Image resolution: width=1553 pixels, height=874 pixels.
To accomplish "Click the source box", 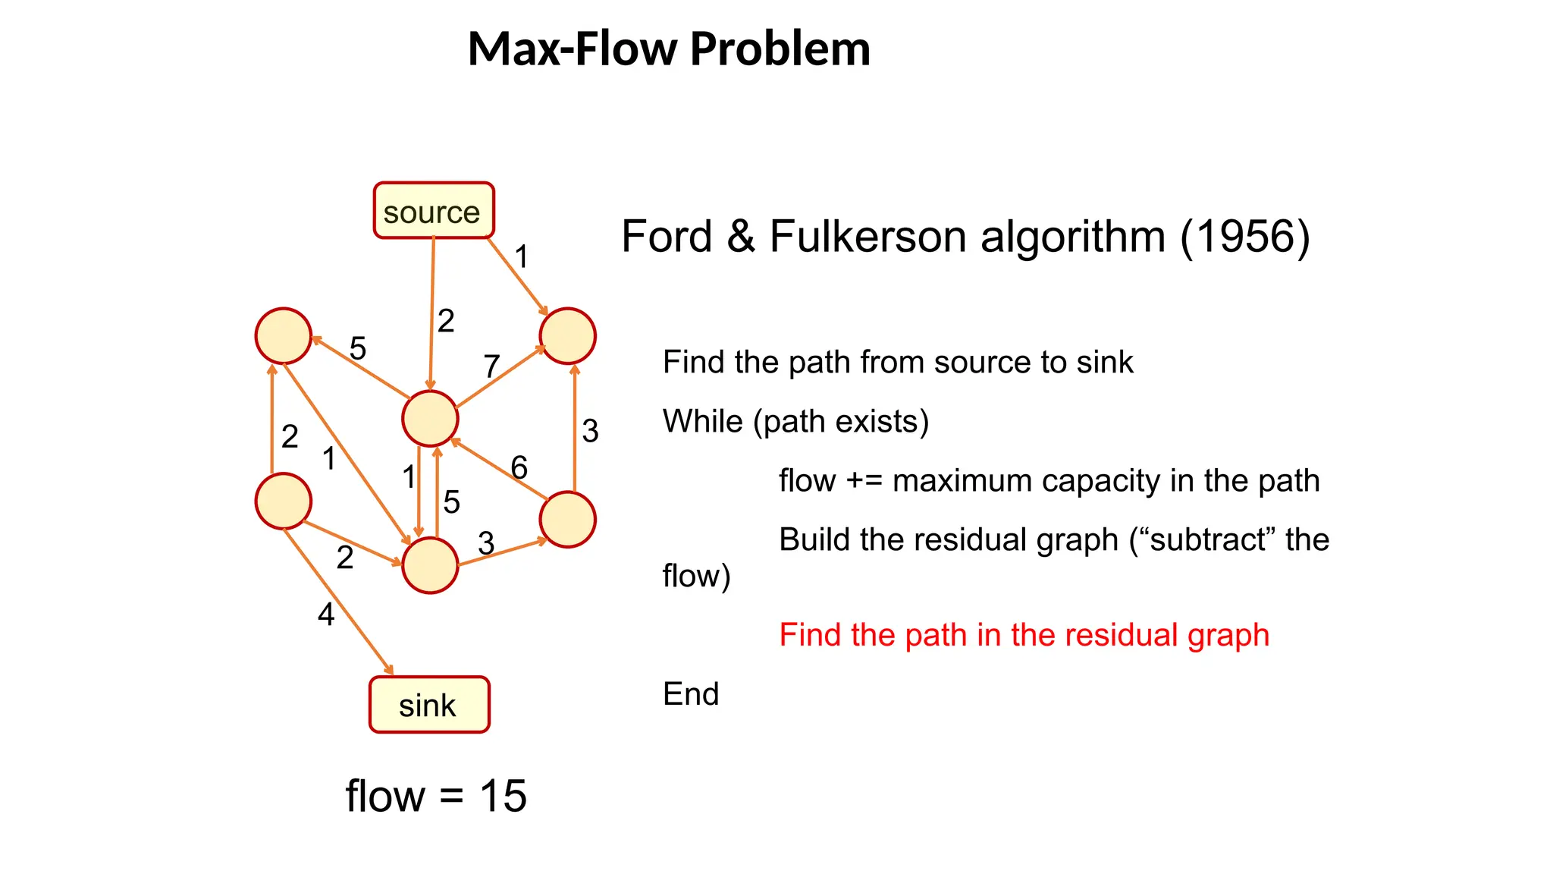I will point(433,211).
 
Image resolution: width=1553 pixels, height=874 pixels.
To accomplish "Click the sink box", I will point(429,705).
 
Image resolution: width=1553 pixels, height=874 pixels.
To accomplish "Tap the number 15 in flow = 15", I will point(503,797).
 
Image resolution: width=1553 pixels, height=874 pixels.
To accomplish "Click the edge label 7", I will point(491,366).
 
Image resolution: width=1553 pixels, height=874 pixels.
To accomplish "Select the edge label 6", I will point(519,467).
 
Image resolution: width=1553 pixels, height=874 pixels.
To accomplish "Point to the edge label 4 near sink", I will point(326,614).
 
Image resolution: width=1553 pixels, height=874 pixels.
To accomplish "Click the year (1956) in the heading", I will point(1244,237).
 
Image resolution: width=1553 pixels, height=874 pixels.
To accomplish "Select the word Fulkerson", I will point(867,237).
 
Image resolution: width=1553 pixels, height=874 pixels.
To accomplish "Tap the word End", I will point(690,694).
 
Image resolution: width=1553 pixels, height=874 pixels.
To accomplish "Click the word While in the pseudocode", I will point(702,422).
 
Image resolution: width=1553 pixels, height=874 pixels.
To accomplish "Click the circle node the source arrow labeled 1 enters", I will point(567,336).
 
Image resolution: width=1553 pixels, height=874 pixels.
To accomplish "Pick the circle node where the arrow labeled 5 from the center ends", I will point(284,336).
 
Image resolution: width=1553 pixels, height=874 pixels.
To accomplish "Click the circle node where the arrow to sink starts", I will point(284,501).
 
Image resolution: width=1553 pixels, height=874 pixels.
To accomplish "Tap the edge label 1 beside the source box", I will point(521,256).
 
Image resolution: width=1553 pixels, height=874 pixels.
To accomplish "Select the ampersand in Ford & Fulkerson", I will point(740,237).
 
